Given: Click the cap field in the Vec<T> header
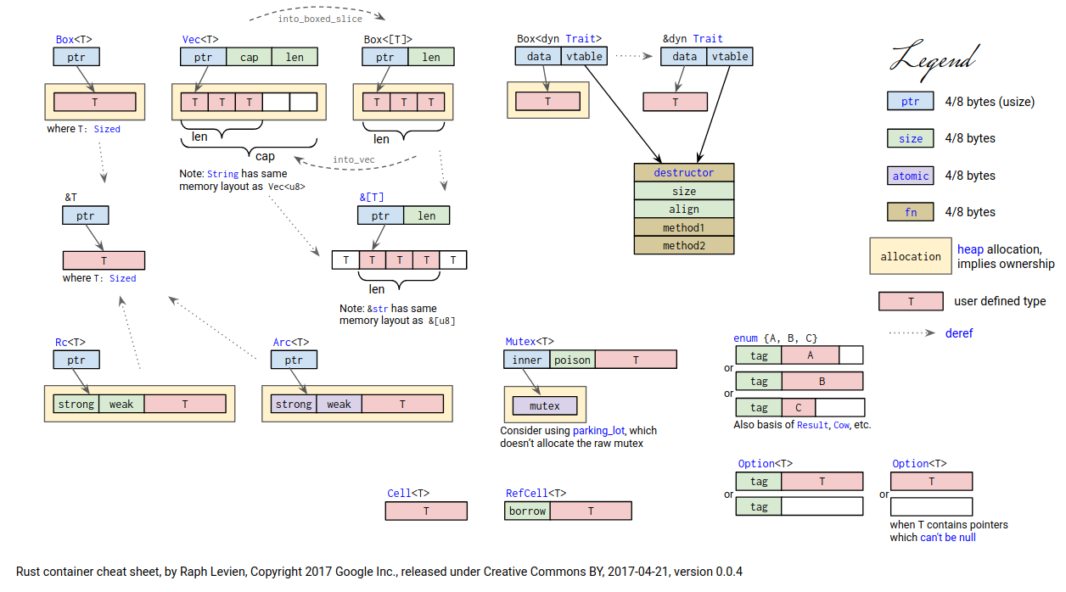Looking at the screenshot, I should [x=250, y=57].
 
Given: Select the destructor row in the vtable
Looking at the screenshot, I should [x=683, y=173].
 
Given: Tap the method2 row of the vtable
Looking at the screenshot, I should [x=683, y=246].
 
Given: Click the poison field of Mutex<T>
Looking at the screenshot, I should [x=572, y=360].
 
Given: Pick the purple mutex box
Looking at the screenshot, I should [x=544, y=405].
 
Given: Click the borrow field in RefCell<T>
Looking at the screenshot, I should [x=527, y=511].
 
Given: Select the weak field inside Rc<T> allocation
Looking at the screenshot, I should [x=121, y=404].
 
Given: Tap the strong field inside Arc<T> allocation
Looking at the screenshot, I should [x=294, y=404].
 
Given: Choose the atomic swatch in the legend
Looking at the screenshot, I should [x=910, y=176].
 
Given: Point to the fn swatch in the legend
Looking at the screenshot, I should [x=910, y=212].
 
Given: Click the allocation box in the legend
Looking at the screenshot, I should [x=910, y=256].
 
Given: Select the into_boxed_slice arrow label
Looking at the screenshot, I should [x=320, y=19].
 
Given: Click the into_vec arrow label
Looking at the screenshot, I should [x=353, y=159].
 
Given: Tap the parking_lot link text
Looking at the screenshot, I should [x=603, y=431].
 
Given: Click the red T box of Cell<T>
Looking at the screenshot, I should [x=426, y=511].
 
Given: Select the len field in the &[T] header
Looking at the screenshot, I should [x=426, y=215].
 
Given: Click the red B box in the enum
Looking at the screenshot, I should [x=822, y=382].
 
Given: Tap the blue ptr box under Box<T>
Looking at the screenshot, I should [x=76, y=57].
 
